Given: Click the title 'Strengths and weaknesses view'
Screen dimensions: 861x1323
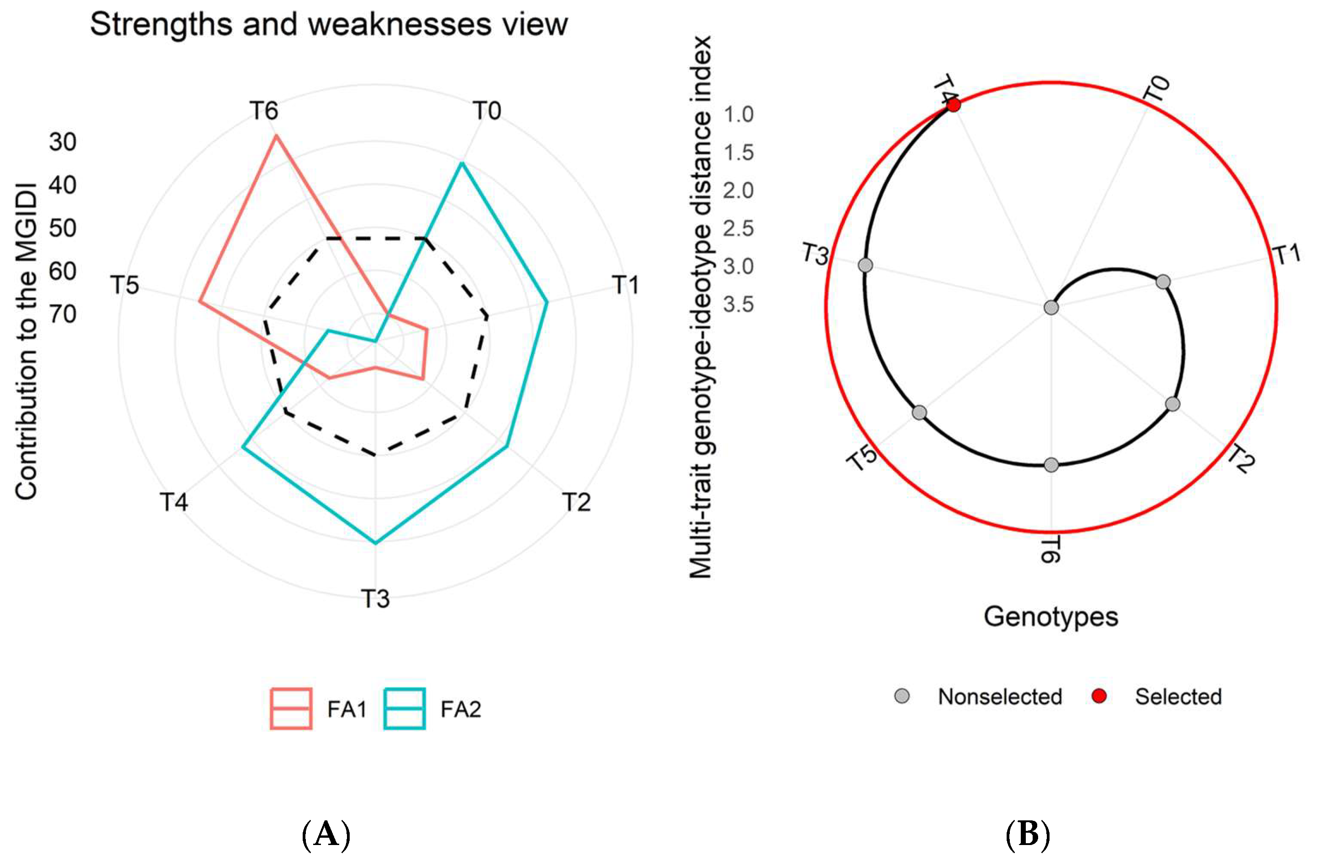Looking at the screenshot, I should [x=329, y=25].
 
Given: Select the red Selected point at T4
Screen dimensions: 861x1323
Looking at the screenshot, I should [x=953, y=105].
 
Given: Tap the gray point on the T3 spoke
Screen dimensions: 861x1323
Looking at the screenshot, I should [x=865, y=265].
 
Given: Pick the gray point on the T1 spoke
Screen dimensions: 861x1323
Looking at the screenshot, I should [x=1163, y=282].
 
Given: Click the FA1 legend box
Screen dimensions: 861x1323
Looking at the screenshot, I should [x=291, y=709].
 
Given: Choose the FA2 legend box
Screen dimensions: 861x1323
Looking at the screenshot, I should [x=404, y=709].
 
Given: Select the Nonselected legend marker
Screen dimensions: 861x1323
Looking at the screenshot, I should [x=902, y=696].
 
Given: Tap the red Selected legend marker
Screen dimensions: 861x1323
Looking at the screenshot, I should [x=1099, y=696].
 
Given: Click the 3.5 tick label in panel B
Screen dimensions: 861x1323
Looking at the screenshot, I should [x=738, y=304].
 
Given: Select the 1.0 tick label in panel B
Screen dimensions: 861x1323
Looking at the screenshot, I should [x=738, y=115].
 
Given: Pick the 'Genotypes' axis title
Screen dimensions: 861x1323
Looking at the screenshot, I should [x=1050, y=617].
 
